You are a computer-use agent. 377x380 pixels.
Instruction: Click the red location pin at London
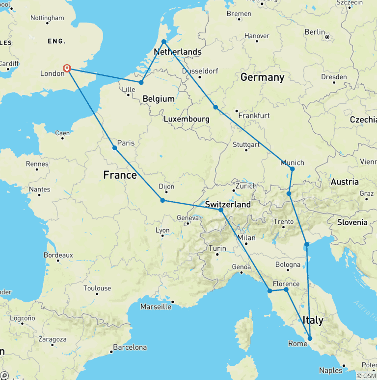68,68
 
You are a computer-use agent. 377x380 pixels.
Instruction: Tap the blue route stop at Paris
114,148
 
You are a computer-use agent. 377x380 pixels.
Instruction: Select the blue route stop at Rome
310,338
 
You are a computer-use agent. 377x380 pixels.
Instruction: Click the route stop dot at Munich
292,169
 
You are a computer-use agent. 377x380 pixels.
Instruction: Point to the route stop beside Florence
286,290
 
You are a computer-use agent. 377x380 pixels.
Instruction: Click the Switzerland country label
228,205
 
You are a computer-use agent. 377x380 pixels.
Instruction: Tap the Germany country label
262,77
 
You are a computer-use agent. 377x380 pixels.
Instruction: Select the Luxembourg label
187,119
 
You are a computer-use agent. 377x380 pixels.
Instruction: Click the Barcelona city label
130,347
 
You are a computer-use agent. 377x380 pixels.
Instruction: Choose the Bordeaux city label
58,255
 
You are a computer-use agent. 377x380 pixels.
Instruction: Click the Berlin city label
315,32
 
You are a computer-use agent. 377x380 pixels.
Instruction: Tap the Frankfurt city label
254,116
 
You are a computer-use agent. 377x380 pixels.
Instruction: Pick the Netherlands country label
178,52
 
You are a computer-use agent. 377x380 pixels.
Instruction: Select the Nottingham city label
47,18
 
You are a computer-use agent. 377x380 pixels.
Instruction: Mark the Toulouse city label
97,288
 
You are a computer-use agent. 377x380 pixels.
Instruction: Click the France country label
120,175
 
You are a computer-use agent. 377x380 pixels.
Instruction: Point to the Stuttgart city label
246,145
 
